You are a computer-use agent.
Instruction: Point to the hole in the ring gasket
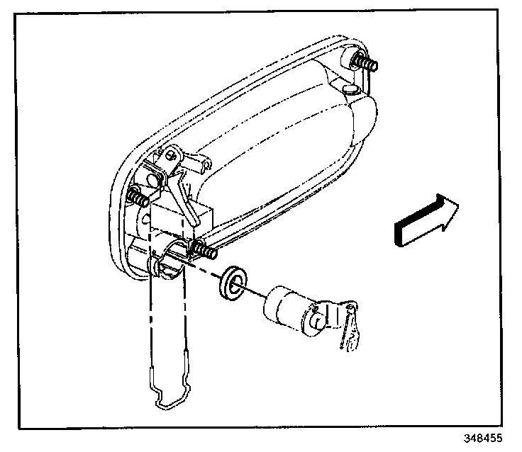click(x=234, y=281)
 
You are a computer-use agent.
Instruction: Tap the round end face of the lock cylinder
click(x=317, y=318)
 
